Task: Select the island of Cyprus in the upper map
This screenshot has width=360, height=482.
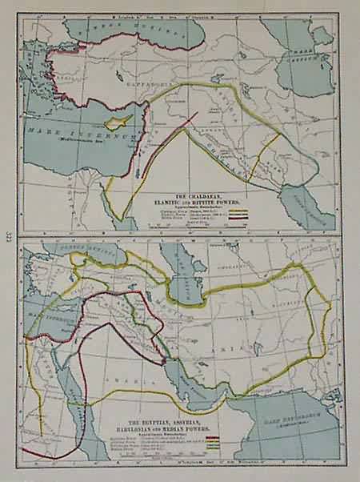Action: [x=120, y=120]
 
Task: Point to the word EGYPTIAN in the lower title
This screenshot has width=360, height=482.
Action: [x=164, y=418]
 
